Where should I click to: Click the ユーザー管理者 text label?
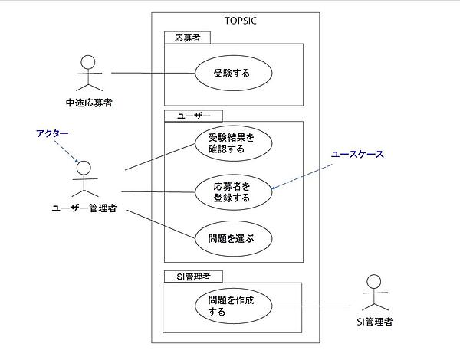[x=84, y=208]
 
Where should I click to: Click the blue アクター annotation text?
[x=52, y=133]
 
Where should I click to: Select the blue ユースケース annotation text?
[x=356, y=154]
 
